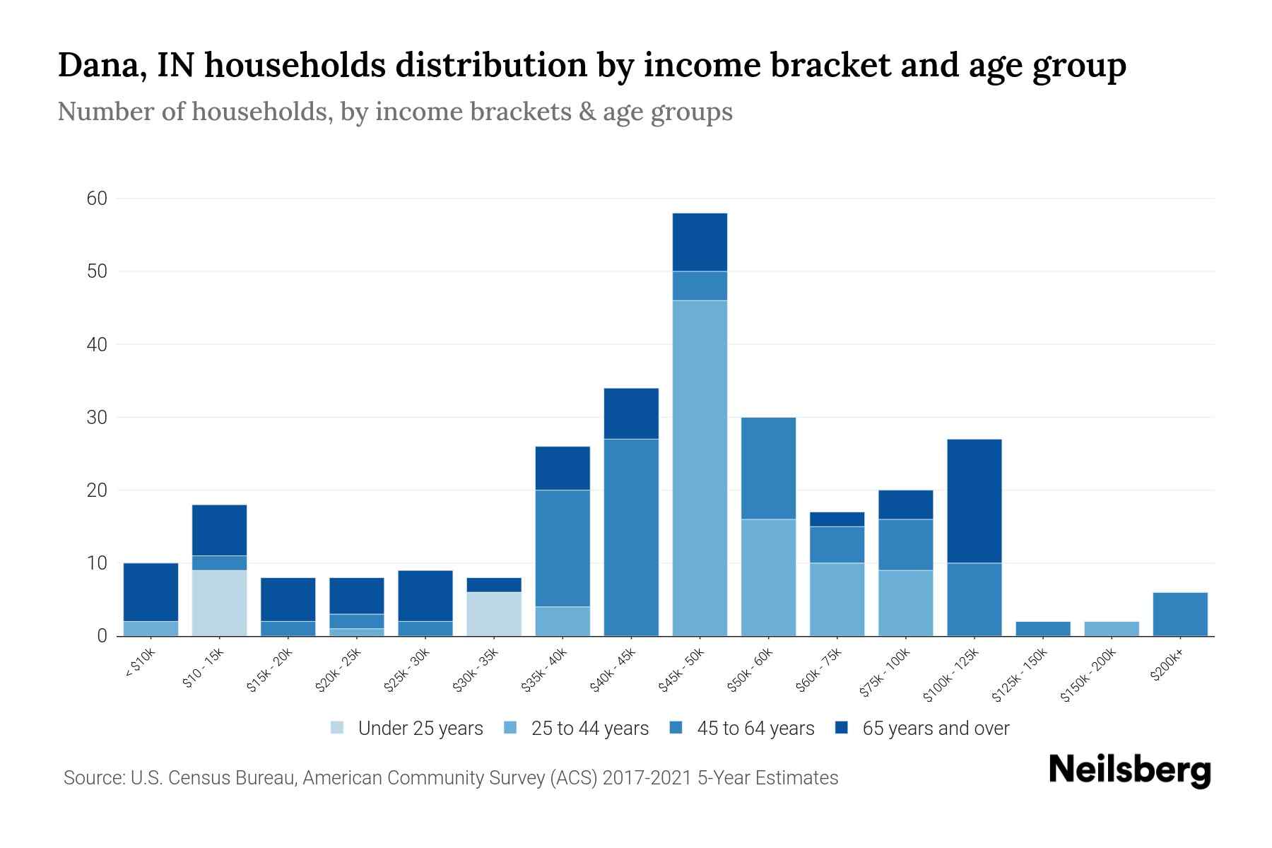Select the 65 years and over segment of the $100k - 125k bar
(974, 501)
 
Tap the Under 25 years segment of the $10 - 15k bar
(219, 603)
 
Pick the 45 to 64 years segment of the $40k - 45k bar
(631, 537)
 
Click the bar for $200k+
(1179, 614)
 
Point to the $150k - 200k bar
(1111, 628)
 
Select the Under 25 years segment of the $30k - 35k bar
(494, 613)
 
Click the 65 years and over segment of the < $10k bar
(151, 591)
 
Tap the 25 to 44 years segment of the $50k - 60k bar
(768, 577)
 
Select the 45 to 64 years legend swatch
(676, 728)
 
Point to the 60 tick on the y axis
(97, 199)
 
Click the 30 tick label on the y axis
(97, 418)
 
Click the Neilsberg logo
(1129, 770)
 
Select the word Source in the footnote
(93, 778)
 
